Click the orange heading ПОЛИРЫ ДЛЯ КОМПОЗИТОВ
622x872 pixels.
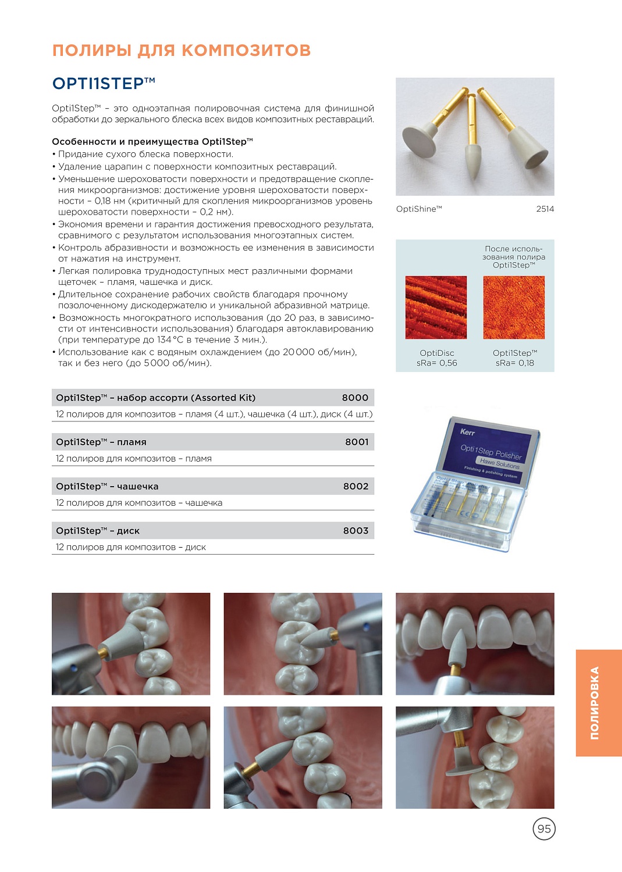point(182,51)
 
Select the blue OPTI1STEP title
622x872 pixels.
point(104,84)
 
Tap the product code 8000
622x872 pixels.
point(355,398)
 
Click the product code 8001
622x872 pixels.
point(357,442)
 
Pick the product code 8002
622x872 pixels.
point(356,486)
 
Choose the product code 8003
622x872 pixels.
point(356,531)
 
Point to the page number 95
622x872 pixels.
point(544,829)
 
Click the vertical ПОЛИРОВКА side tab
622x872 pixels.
point(595,703)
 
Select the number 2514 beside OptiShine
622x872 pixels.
point(545,209)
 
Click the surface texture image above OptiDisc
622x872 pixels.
point(436,308)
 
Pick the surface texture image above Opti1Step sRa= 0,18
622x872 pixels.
point(514,308)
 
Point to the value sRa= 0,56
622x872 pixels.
point(436,363)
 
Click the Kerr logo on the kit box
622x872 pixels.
point(467,432)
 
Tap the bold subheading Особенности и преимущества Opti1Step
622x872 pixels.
point(152,142)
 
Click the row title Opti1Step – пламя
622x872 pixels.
point(101,442)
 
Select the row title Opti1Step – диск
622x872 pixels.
point(98,531)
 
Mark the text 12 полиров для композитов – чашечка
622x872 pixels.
point(139,503)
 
